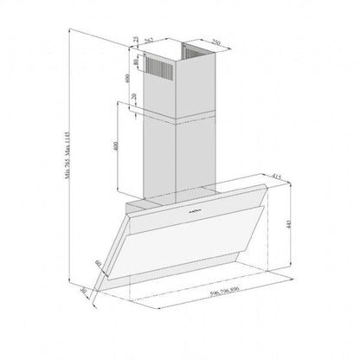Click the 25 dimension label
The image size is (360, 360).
137,42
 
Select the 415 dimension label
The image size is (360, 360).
276,178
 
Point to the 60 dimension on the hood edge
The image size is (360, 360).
100,263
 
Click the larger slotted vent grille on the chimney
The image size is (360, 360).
162,67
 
